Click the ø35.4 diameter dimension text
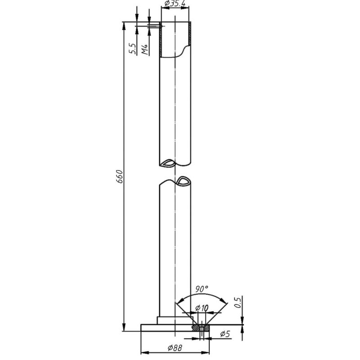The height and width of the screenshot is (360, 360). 175,3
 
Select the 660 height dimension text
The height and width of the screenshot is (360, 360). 120,177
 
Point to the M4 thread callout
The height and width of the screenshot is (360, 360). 145,49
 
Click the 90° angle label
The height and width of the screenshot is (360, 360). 202,289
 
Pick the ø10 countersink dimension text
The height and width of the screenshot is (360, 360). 202,308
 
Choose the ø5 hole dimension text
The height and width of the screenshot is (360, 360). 225,333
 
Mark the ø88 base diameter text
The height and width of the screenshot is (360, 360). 175,348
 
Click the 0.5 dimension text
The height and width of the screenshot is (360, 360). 238,302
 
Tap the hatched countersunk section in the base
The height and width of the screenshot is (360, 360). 201,328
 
